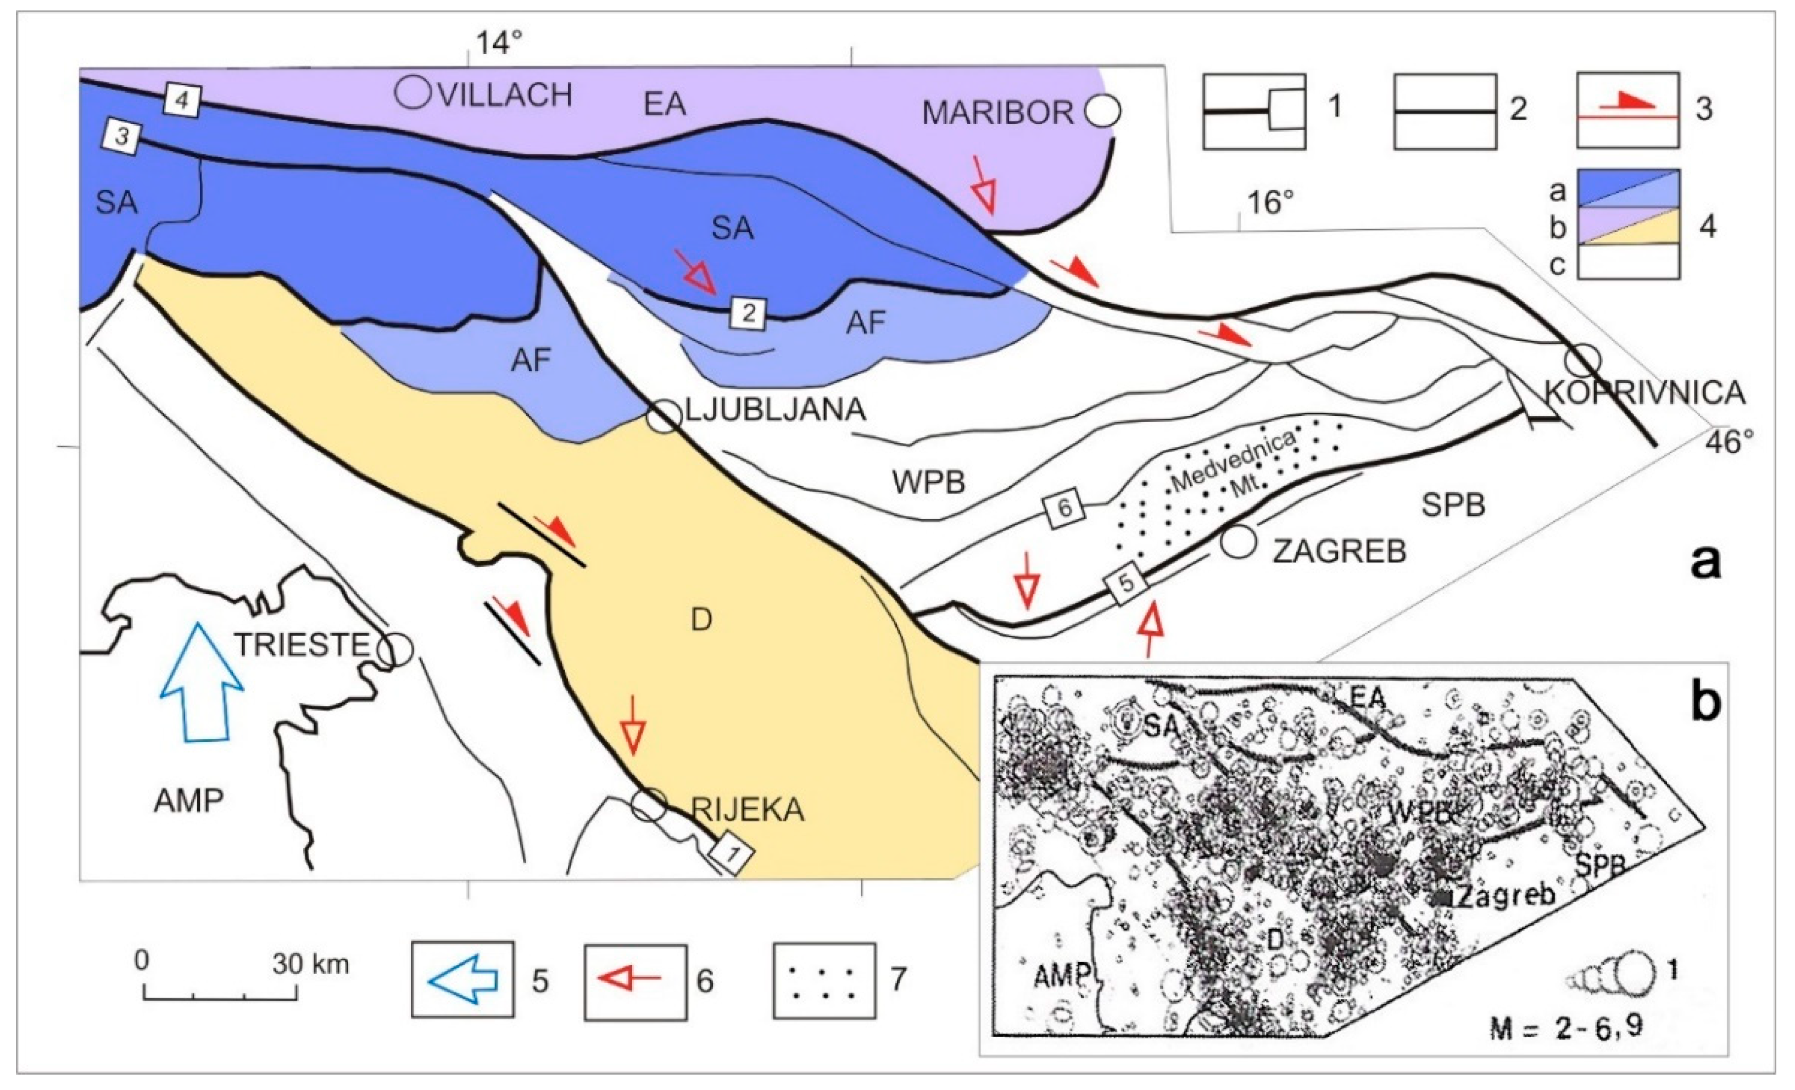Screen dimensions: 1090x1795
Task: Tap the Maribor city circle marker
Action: [1103, 111]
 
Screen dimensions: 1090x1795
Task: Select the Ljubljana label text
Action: [776, 410]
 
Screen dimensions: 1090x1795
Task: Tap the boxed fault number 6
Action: [1064, 508]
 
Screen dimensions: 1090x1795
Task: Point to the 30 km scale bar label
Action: [311, 964]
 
